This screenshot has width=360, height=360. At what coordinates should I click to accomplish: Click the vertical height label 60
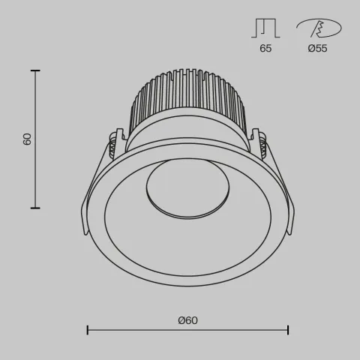(x=28, y=139)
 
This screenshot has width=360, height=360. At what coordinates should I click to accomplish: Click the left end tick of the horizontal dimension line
(x=88, y=328)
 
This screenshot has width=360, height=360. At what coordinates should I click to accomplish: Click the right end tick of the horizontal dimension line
(x=289, y=328)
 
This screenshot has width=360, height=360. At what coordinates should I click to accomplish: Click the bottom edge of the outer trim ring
(x=187, y=284)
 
